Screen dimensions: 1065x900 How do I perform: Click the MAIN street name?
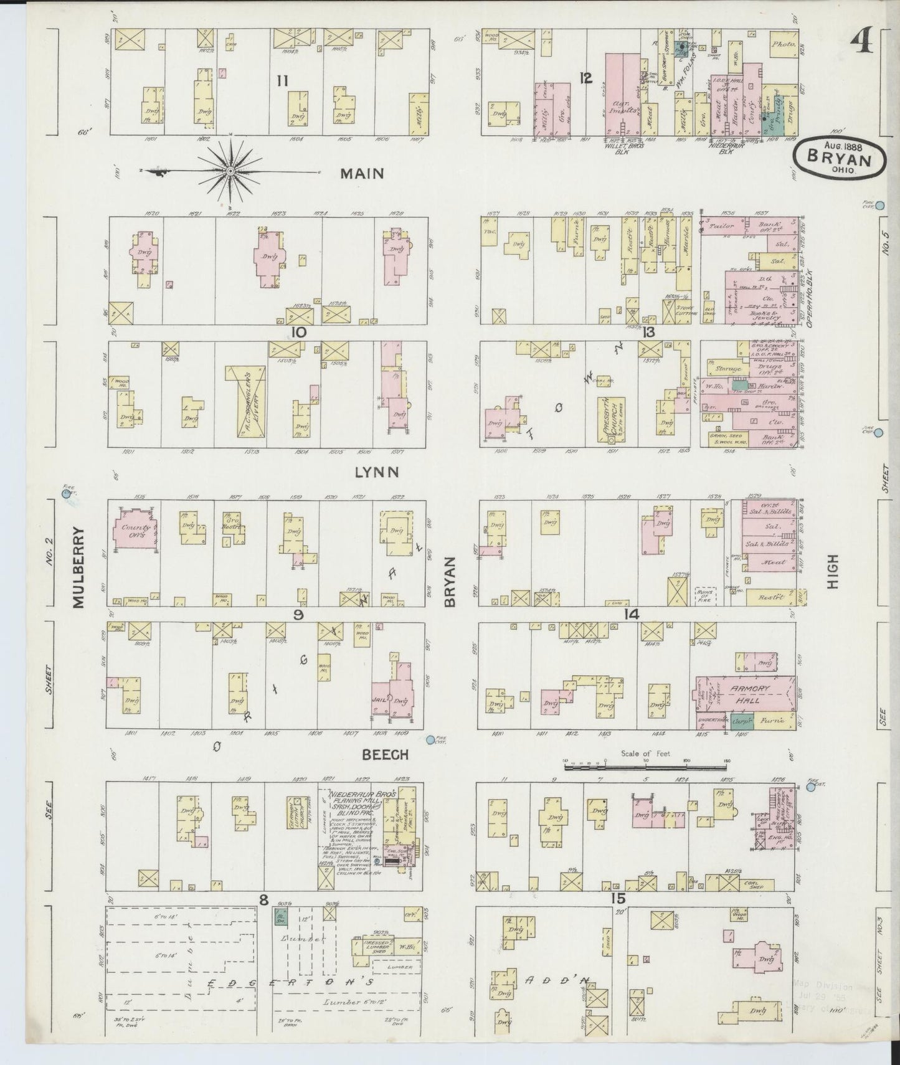(x=361, y=174)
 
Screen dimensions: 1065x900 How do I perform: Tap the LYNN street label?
(x=377, y=473)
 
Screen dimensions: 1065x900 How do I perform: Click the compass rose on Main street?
(x=230, y=171)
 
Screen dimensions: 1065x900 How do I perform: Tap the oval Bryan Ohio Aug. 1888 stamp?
(x=840, y=158)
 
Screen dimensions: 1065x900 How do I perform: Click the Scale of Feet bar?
(x=647, y=768)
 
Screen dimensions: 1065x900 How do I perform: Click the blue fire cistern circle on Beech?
(x=430, y=740)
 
